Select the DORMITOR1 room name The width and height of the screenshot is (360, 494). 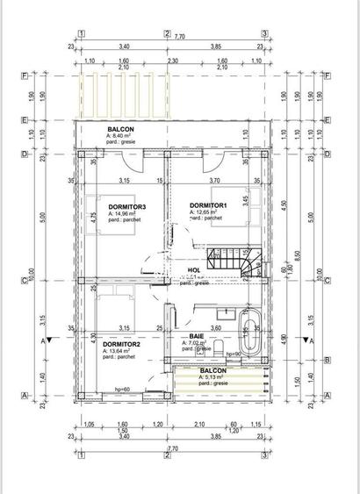pyautogui.click(x=208, y=205)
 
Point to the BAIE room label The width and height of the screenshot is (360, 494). pyautogui.click(x=197, y=336)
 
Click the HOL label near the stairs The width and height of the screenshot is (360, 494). pyautogui.click(x=194, y=270)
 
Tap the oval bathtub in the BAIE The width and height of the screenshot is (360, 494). pyautogui.click(x=248, y=332)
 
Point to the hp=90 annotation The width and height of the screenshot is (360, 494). pyautogui.click(x=234, y=354)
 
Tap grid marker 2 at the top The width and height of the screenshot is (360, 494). pyautogui.click(x=167, y=34)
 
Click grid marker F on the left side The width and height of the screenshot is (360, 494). pyautogui.click(x=25, y=75)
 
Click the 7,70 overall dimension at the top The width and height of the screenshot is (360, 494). pyautogui.click(x=179, y=37)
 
